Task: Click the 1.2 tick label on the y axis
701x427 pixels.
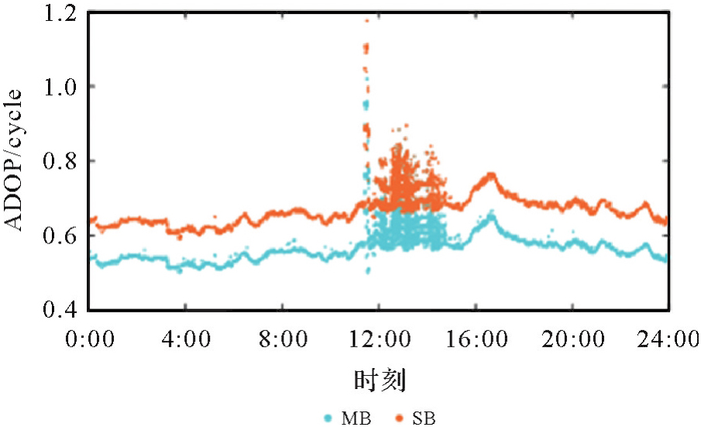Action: pyautogui.click(x=64, y=14)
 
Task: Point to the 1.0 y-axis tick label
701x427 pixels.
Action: pyautogui.click(x=64, y=87)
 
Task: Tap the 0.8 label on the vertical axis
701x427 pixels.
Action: pyautogui.click(x=64, y=161)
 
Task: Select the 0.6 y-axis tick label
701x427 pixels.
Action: pyautogui.click(x=64, y=236)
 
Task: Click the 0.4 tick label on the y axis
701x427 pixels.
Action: pyautogui.click(x=64, y=310)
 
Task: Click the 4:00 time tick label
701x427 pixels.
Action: pyautogui.click(x=187, y=339)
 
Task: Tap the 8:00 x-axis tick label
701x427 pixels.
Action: pyautogui.click(x=283, y=339)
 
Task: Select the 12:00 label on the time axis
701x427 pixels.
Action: pyautogui.click(x=380, y=339)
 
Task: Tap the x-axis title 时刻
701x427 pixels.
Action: pyautogui.click(x=380, y=381)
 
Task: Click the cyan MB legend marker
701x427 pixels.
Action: pyautogui.click(x=328, y=418)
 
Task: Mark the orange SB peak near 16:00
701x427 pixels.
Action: pyautogui.click(x=490, y=177)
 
